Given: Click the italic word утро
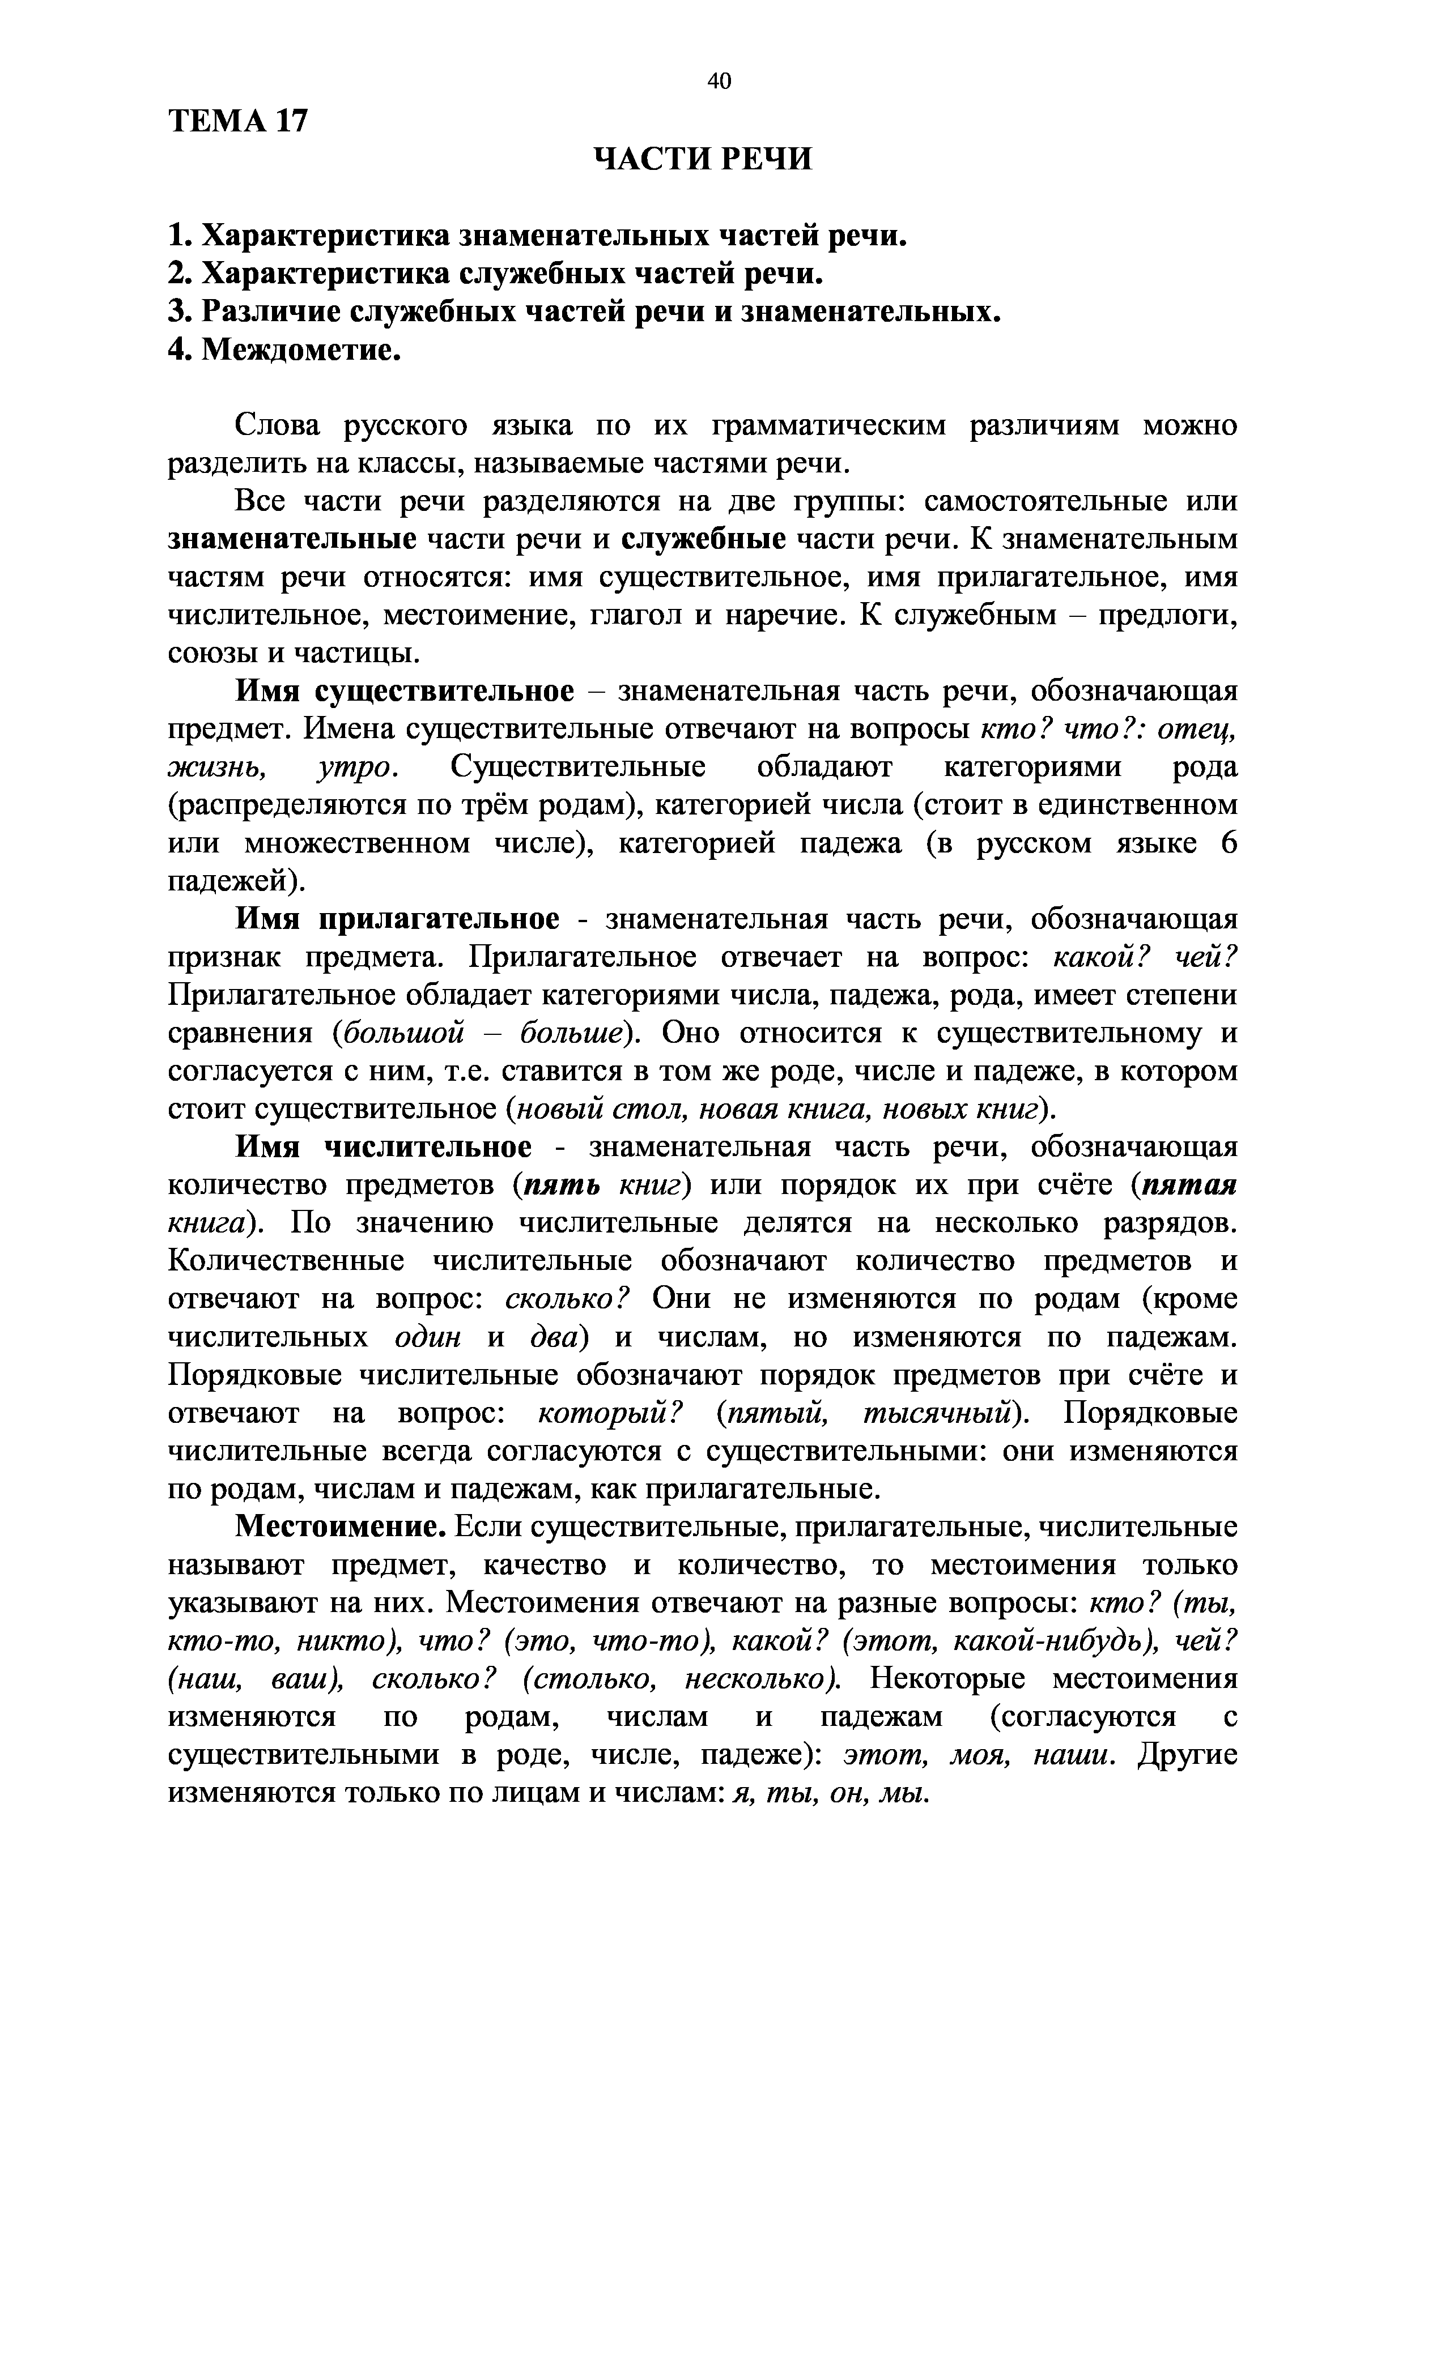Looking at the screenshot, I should click(x=356, y=768).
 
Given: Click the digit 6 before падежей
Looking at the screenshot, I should click(x=1227, y=843).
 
